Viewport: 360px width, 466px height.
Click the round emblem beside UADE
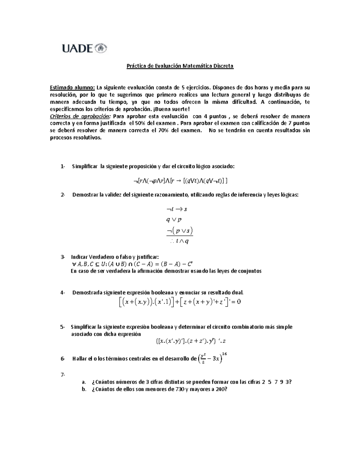pyautogui.click(x=101, y=48)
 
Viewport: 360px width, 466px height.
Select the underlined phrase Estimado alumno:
pyautogui.click(x=72, y=88)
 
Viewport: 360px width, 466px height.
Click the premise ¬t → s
pyautogui.click(x=177, y=209)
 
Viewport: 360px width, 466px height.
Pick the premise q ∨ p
pyautogui.click(x=174, y=220)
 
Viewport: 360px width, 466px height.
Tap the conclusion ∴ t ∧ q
pyautogui.click(x=179, y=241)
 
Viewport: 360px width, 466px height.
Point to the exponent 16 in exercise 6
pyautogui.click(x=224, y=354)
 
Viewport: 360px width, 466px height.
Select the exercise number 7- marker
pyautogui.click(x=62, y=374)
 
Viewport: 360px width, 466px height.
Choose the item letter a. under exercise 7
pyautogui.click(x=84, y=382)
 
